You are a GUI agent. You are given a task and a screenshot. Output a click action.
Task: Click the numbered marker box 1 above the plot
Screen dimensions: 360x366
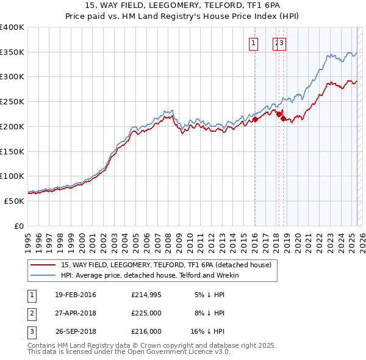click(x=253, y=43)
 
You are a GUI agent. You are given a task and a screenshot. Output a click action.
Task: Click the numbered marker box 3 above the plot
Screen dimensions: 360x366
click(x=283, y=43)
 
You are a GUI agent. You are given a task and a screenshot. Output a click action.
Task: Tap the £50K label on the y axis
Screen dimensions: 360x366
click(x=15, y=201)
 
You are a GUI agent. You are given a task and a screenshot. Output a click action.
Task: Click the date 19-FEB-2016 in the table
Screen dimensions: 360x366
click(x=76, y=295)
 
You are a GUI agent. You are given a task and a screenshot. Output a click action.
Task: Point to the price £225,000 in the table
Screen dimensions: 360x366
click(x=146, y=313)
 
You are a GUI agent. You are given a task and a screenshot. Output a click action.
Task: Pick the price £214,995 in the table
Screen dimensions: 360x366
click(x=146, y=295)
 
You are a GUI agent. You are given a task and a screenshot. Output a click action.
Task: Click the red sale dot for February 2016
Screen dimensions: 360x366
click(x=256, y=120)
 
